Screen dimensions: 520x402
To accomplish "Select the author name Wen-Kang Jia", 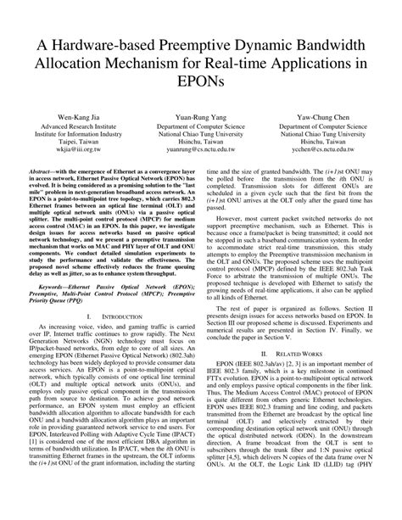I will pyautogui.click(x=80, y=120).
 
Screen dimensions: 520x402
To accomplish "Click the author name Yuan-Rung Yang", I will pyautogui.click(x=201, y=120).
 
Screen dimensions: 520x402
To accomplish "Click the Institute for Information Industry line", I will pyautogui.click(x=80, y=137).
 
